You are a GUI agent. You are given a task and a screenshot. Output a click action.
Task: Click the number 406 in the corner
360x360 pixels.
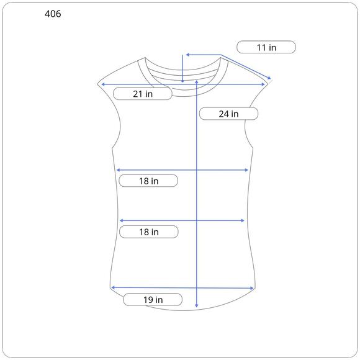53,14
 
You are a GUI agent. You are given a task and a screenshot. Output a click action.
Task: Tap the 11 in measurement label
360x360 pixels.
266,48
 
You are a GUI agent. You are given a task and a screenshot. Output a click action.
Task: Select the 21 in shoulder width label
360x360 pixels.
143,94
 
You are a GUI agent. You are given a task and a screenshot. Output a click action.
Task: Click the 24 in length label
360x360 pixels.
228,114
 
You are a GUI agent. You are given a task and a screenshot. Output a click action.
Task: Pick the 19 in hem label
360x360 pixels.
153,300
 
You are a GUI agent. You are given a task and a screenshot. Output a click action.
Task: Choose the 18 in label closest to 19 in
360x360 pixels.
149,232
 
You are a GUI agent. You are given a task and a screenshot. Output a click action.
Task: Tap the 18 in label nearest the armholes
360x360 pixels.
148,181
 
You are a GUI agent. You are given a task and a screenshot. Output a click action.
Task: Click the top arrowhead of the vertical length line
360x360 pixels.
197,82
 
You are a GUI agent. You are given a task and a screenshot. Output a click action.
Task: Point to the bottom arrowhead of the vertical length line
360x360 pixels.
196,305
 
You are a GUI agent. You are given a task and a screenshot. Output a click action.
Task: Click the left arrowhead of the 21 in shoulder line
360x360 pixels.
103,84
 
